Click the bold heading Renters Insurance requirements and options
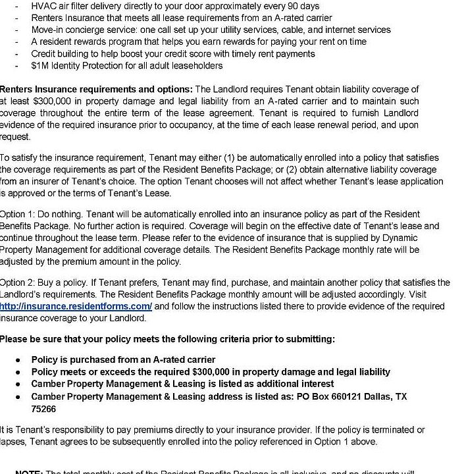[x=95, y=89]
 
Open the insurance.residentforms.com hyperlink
[x=76, y=306]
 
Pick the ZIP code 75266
[x=43, y=409]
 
